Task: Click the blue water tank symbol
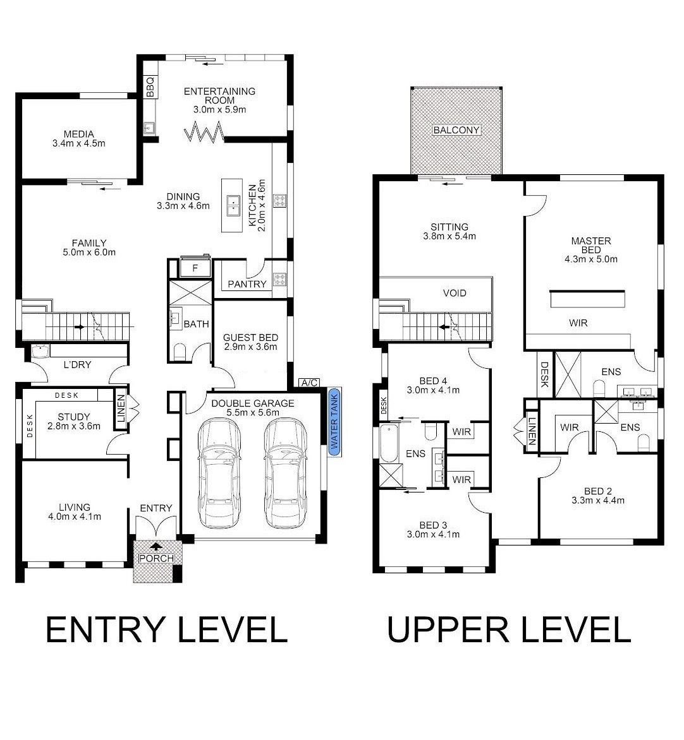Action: click(334, 422)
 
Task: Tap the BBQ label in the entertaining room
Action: click(150, 87)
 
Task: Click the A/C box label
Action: click(309, 383)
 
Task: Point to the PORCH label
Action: click(156, 558)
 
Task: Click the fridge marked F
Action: click(195, 268)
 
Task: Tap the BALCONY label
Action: click(456, 130)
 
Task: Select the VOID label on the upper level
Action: click(455, 293)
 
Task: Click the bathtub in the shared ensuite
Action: click(389, 443)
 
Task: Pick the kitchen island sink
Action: click(233, 205)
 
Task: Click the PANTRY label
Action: click(247, 284)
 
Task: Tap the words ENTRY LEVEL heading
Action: click(167, 630)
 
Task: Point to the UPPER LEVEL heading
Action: click(509, 630)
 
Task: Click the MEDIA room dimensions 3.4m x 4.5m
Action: click(79, 143)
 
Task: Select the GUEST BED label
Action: click(250, 337)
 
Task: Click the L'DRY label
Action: click(78, 365)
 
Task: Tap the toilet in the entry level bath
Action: click(180, 352)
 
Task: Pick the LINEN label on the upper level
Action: click(532, 431)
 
